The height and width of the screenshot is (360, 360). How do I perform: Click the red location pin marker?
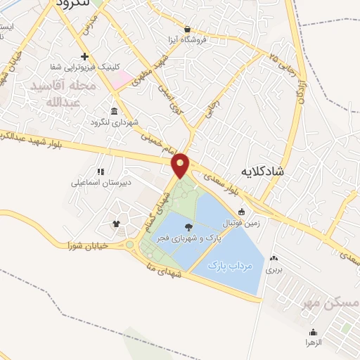coord(181,165)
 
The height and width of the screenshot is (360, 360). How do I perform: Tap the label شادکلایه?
coord(262,170)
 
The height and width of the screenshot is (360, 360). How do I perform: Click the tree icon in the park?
coord(188,226)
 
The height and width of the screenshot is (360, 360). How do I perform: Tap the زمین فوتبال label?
coord(241,223)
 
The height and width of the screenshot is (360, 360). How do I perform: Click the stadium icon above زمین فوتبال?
coord(241,212)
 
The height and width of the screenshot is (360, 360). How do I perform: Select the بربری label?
coord(274,269)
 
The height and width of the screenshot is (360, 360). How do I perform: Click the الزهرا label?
coord(313,342)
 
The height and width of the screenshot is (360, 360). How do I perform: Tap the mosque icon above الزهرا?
coord(313,332)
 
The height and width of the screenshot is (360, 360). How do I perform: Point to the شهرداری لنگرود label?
coord(113,122)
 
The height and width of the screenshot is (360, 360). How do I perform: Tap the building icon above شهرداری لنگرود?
coord(114,111)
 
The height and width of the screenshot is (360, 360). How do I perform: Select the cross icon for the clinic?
coord(85,56)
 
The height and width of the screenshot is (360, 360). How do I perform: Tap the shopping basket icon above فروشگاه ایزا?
coord(188,29)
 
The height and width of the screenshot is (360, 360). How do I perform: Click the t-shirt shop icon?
coord(116,224)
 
